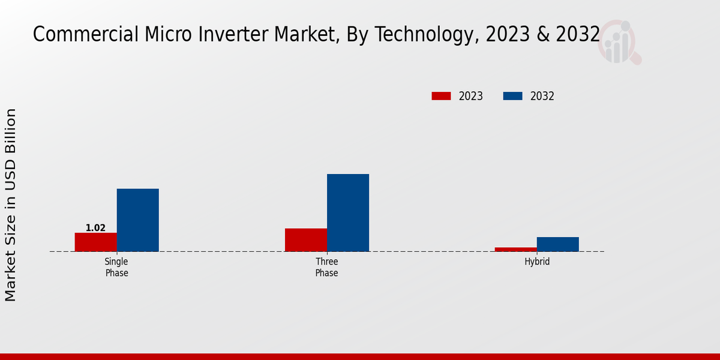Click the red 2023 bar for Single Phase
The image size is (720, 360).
click(95, 242)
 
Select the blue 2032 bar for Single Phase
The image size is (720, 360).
click(137, 220)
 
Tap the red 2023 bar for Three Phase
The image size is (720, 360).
click(306, 239)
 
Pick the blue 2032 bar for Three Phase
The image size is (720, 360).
click(348, 212)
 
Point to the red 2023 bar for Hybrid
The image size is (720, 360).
click(516, 249)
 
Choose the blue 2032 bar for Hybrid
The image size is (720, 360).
click(558, 244)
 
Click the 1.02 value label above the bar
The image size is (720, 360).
click(95, 228)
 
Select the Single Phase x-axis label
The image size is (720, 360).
click(116, 267)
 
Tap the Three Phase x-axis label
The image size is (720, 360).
click(326, 267)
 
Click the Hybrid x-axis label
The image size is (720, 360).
click(537, 262)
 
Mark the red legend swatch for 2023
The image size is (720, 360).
click(441, 96)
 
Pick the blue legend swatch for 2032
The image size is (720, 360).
click(512, 96)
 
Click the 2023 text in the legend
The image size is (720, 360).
click(471, 96)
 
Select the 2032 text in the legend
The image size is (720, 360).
click(542, 96)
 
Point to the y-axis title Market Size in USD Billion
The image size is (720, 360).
click(11, 205)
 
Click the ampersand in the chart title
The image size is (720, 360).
click(542, 35)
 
